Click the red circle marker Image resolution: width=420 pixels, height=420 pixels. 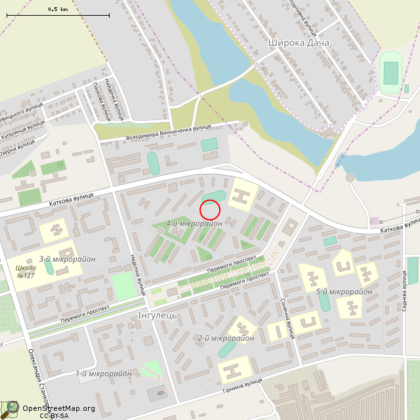tap(209, 209)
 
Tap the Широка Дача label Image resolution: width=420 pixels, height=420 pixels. tap(299, 43)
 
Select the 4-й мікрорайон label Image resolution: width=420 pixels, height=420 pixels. tap(194, 224)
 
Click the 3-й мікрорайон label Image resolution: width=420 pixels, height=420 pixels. tap(67, 259)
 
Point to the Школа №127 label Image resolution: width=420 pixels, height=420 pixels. tap(25, 271)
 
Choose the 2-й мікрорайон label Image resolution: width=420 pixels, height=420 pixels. tap(226, 338)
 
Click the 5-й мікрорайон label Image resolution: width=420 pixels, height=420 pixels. tap(344, 291)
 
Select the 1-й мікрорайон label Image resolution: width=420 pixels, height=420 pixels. tap(103, 373)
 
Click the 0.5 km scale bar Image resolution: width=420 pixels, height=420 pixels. tap(59, 14)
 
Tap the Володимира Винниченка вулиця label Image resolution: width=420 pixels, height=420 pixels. tap(168, 131)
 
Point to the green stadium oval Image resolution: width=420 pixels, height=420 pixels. tap(390, 72)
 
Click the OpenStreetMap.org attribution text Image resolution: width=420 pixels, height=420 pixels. tap(59, 408)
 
